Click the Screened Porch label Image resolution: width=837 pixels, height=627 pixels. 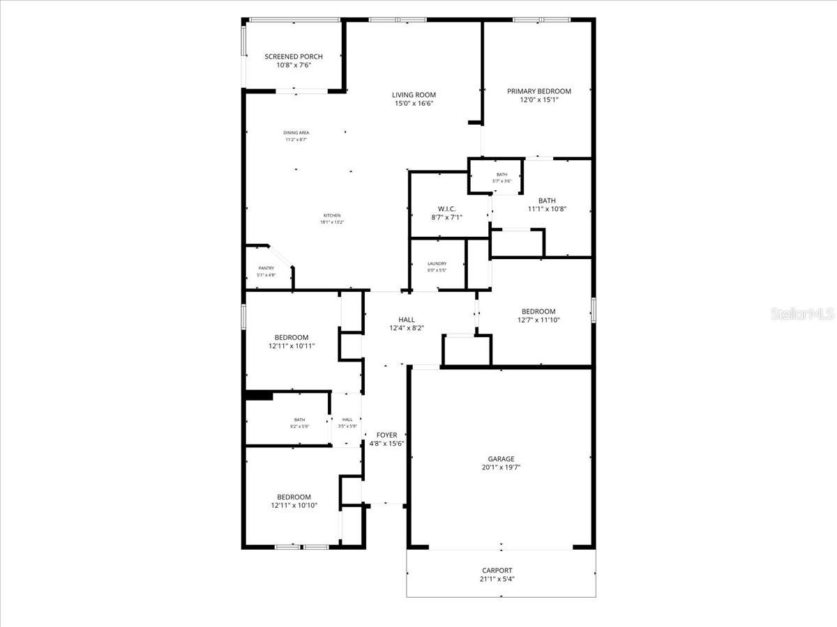(x=293, y=56)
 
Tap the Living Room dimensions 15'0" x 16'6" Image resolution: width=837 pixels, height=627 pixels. (x=413, y=104)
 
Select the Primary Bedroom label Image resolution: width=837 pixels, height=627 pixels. (x=538, y=91)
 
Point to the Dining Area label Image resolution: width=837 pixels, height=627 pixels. (x=296, y=132)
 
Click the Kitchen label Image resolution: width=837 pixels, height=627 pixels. (x=331, y=215)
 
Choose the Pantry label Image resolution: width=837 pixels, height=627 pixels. (x=266, y=268)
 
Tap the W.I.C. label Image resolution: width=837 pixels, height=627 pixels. (x=446, y=208)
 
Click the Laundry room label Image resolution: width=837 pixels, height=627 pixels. (x=437, y=263)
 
